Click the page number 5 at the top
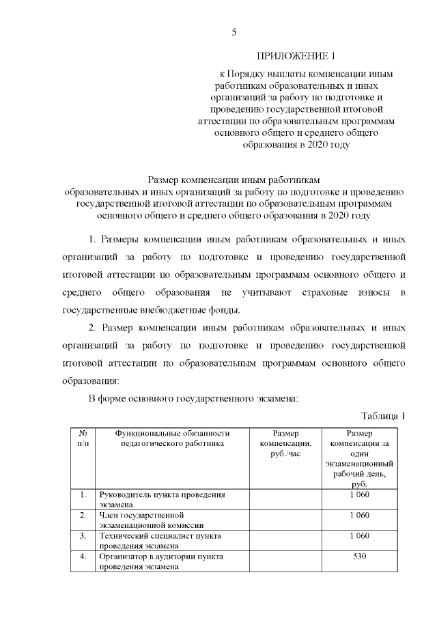tap(234, 32)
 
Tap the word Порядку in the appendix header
tap(256, 73)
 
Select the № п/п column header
tap(83, 438)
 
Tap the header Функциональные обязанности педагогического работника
tap(172, 438)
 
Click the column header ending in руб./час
tap(285, 443)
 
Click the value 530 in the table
tap(359, 557)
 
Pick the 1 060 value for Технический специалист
tap(359, 536)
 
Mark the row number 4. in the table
tap(83, 557)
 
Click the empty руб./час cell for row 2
tap(285, 520)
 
